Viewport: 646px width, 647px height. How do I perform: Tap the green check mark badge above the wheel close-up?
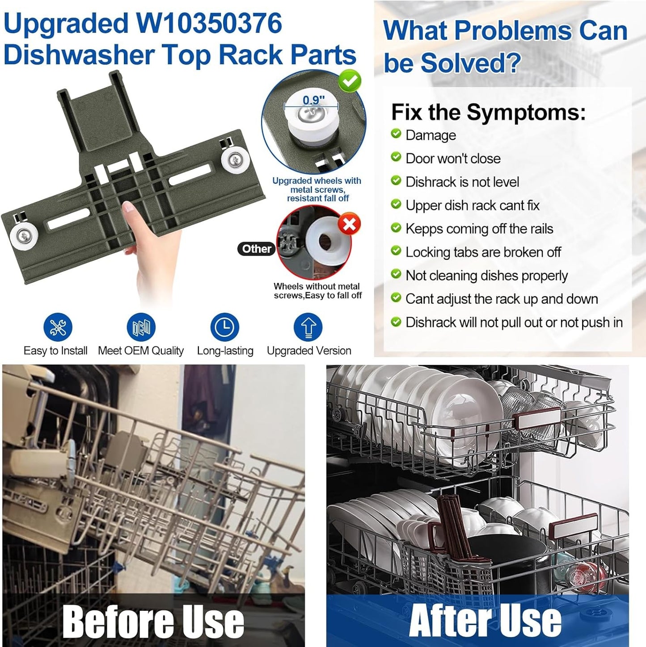click(x=349, y=80)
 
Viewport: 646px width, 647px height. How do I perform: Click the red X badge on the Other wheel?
click(x=349, y=224)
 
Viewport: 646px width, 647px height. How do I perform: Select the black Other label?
click(x=256, y=249)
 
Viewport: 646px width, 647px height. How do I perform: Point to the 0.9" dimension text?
click(x=314, y=100)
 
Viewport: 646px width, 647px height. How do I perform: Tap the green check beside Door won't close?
click(x=396, y=157)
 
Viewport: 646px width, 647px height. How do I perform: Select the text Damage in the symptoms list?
click(x=431, y=135)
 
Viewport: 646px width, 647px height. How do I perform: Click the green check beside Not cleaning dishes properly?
click(x=396, y=274)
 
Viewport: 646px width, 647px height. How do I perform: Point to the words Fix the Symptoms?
click(x=489, y=112)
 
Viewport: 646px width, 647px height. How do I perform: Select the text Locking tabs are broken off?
click(x=483, y=252)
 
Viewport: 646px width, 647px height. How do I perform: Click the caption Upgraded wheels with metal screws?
click(x=317, y=185)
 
